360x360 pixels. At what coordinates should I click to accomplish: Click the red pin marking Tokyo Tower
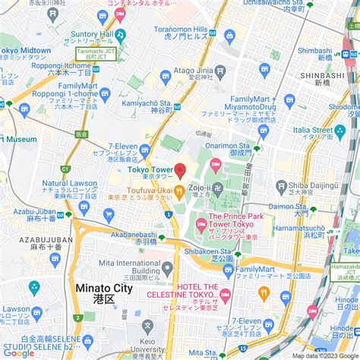coord(180,169)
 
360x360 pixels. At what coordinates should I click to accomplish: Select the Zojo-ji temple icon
coord(218,187)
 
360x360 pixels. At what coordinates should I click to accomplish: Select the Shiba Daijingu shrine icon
coord(281,185)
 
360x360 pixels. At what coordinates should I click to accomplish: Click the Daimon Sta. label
coord(286,206)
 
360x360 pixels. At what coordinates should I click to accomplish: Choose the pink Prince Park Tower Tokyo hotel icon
coord(201,223)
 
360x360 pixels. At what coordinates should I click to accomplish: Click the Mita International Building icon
coord(167,267)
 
